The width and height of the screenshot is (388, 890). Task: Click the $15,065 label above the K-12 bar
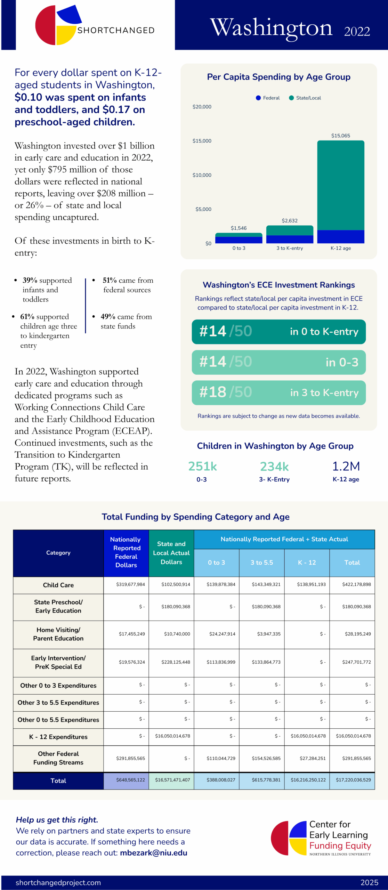tap(340, 136)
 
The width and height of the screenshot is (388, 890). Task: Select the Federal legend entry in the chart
tap(268, 98)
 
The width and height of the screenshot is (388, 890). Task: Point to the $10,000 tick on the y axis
tap(202, 175)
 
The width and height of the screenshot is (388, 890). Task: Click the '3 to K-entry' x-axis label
tap(290, 248)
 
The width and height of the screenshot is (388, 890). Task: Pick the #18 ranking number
tap(213, 392)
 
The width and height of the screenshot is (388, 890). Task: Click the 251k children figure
tap(202, 466)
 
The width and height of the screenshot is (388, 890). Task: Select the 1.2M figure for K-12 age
tap(346, 466)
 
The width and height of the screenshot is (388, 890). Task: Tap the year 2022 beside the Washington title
tap(357, 31)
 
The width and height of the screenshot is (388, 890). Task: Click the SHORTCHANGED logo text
tap(116, 31)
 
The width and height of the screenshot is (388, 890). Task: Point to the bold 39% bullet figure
tap(30, 280)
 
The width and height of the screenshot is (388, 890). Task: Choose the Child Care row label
tap(58, 585)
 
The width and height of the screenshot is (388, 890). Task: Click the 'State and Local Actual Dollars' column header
tap(171, 553)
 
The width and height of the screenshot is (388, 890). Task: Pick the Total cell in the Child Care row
tap(356, 584)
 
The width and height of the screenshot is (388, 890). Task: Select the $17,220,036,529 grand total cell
tap(353, 780)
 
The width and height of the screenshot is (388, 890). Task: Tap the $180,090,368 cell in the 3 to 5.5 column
tap(266, 607)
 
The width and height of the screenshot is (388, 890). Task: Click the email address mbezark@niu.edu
tap(153, 853)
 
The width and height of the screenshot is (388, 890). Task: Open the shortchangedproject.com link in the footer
tap(58, 883)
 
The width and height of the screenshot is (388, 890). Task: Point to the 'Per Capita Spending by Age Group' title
tap(278, 77)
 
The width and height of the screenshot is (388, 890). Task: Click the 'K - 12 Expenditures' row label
tap(58, 737)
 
